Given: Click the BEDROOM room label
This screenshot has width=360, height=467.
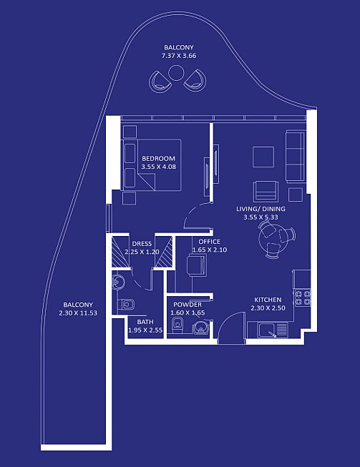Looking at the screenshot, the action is click(158, 159).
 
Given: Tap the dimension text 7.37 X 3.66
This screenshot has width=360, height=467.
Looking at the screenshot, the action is click(179, 56).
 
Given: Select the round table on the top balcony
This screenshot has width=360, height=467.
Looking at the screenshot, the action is click(176, 73).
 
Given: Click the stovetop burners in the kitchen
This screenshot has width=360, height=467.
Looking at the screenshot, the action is click(303, 298).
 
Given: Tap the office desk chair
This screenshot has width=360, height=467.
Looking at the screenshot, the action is click(197, 265).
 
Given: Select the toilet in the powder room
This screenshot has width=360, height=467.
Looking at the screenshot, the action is click(177, 325).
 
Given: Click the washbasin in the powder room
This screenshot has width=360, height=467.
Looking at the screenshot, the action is click(202, 328).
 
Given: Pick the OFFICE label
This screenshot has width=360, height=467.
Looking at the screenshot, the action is click(210, 242).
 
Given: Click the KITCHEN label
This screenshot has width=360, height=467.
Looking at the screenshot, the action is click(268, 300).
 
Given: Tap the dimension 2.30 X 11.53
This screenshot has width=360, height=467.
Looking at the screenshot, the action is click(78, 313).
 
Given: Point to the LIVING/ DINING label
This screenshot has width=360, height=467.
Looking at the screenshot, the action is click(261, 209).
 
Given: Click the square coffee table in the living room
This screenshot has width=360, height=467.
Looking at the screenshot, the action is click(263, 157).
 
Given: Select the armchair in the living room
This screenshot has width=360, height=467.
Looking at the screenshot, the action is click(266, 192).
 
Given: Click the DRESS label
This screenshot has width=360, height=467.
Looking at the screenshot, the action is click(142, 244).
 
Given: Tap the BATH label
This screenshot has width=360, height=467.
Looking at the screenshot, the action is click(145, 322).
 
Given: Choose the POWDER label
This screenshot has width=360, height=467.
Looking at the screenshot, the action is click(188, 305).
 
